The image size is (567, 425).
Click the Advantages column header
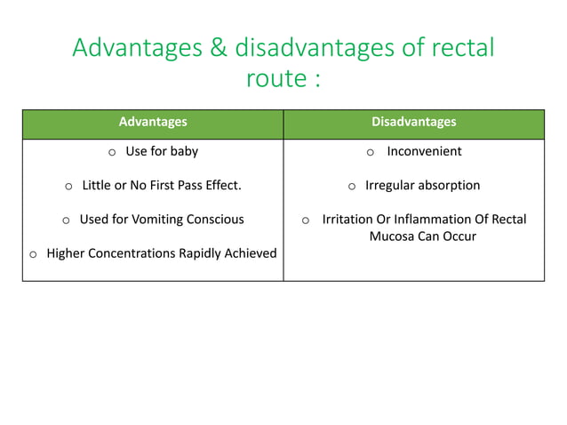pos(153,123)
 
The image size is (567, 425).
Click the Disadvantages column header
pos(413,123)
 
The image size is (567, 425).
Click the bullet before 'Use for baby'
pos(112,152)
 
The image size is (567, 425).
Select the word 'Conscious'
pos(212,220)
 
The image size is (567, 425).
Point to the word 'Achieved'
pos(248,253)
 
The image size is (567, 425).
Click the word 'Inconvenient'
pos(424,151)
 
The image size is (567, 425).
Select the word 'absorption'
pos(450,186)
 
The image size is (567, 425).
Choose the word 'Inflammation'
pos(433,220)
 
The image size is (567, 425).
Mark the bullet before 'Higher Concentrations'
pos(33,254)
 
